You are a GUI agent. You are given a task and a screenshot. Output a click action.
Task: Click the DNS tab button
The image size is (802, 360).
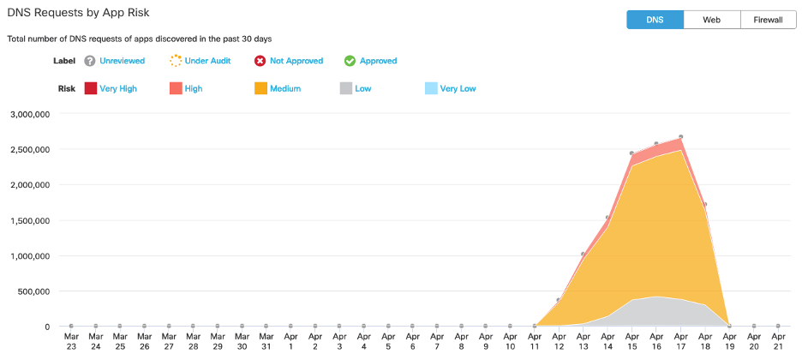tap(655, 20)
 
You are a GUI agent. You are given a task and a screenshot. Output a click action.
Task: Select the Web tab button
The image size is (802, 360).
tap(711, 20)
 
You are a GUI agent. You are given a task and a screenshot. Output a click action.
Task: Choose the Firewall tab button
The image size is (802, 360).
tap(769, 20)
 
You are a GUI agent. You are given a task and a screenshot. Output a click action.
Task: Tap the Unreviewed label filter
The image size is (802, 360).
tap(122, 61)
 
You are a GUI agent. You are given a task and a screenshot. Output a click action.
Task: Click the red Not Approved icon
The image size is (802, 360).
tap(260, 61)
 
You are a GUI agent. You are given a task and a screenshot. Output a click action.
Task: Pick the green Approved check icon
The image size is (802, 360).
tap(350, 61)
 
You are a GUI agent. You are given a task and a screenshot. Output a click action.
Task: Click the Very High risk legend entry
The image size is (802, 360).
tap(117, 88)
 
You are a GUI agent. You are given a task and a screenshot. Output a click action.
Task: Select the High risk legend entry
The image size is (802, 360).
tap(194, 88)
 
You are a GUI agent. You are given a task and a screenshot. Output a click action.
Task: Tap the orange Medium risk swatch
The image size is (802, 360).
tap(260, 88)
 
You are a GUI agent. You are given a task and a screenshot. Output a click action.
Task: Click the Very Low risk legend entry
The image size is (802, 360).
tap(458, 88)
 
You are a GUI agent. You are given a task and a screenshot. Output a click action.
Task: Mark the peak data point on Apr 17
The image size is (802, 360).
tap(680, 137)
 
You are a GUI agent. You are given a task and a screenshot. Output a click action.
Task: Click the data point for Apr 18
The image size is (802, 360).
tap(704, 205)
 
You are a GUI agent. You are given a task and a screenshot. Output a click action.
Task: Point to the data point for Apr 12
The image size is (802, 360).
tap(559, 300)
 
